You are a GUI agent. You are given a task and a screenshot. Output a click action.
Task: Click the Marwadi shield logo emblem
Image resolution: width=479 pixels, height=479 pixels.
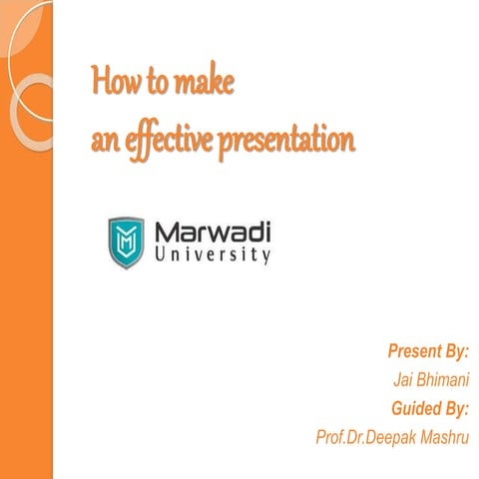126,241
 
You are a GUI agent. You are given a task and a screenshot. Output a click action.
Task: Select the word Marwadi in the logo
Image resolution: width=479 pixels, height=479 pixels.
213,234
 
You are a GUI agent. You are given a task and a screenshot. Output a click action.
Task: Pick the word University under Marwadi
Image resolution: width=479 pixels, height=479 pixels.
213,256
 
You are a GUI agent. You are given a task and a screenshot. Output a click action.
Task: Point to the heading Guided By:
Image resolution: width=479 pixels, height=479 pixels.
431,407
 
